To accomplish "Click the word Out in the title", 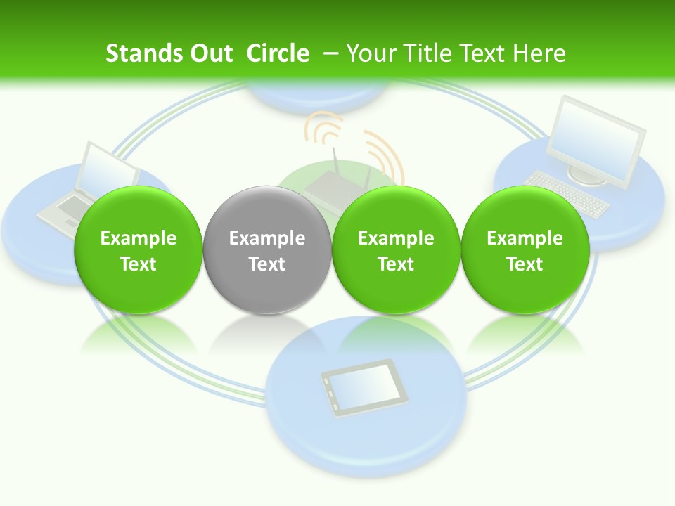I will [212, 53].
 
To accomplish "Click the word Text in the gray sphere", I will [266, 264].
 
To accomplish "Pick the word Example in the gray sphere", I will [266, 238].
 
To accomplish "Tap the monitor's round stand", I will [587, 176].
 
